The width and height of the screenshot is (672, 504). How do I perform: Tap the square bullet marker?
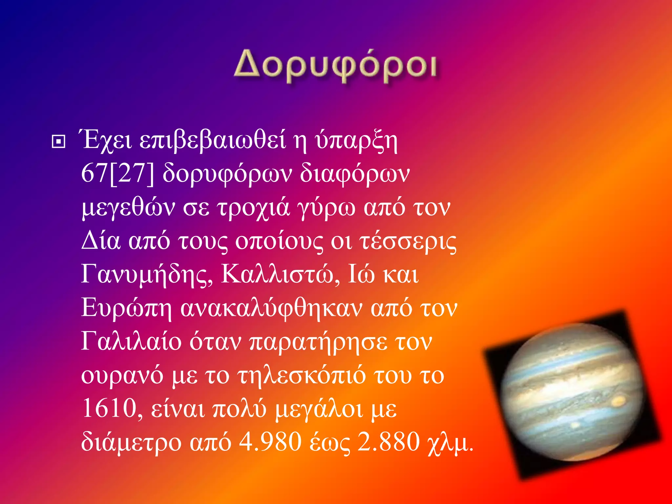coord(59,142)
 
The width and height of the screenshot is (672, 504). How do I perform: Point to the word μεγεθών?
coord(128,208)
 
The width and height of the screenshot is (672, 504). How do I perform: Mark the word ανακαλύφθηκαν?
coord(271,308)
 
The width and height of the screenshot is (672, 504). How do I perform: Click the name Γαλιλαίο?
coord(131,342)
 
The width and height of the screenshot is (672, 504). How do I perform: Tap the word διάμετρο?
coord(131,442)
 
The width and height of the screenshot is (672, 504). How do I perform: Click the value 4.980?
coord(270,442)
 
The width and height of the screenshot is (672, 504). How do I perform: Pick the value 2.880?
coord(388,442)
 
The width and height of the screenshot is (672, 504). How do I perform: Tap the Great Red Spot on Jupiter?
coord(619,401)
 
